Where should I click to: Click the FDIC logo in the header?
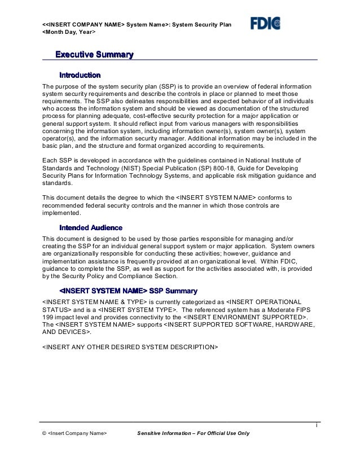click(x=266, y=23)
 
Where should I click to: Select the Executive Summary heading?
click(x=94, y=55)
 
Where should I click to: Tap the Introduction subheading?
click(x=80, y=74)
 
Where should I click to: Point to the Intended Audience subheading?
click(x=91, y=228)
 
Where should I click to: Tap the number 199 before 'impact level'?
click(x=49, y=318)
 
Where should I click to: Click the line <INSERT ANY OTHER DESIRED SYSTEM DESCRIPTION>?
click(x=130, y=346)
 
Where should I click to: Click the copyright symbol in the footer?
click(x=45, y=433)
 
